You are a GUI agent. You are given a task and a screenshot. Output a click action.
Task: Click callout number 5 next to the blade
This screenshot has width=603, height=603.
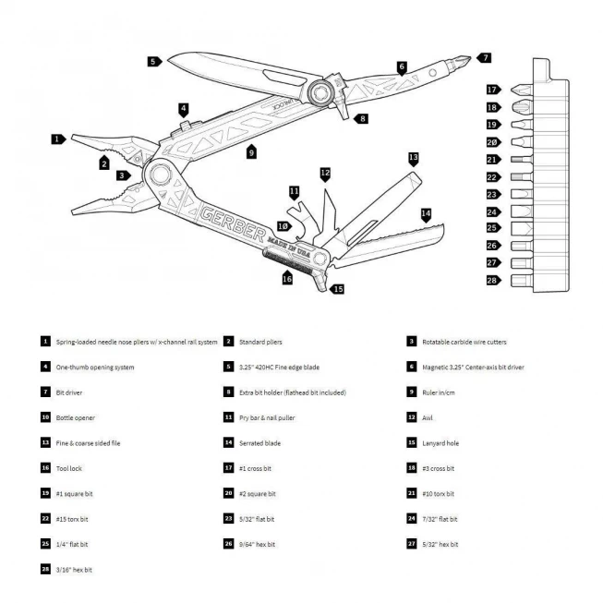pos(152,61)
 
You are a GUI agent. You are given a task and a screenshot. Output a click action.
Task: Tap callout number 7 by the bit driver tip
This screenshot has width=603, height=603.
pos(486,57)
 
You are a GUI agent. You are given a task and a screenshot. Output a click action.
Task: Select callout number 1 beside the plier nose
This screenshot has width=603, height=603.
pos(58,139)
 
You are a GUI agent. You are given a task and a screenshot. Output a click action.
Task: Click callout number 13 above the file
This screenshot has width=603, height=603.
pos(413,158)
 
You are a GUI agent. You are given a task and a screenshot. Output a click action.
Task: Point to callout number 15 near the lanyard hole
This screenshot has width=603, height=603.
pos(338,289)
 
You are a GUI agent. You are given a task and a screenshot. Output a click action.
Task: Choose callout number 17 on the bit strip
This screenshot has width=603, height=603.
pos(493,90)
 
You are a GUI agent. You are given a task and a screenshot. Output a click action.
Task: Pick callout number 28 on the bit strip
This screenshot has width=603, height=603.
pos(493,280)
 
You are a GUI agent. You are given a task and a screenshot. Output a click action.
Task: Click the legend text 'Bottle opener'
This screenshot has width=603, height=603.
pos(76,417)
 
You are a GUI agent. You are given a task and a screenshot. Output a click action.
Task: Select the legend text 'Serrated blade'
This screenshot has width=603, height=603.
pos(261,443)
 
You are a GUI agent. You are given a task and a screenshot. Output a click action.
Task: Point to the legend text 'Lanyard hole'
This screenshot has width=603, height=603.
pos(440,443)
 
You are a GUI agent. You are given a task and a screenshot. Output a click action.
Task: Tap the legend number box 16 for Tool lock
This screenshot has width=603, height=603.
pos(44,468)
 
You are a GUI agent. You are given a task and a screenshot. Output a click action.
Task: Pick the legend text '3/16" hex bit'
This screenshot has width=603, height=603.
pos(74,570)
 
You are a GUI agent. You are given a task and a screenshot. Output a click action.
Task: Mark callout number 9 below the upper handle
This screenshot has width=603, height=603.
pos(251,153)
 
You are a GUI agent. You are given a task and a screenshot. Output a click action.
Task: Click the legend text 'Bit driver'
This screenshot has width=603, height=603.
pos(69,392)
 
